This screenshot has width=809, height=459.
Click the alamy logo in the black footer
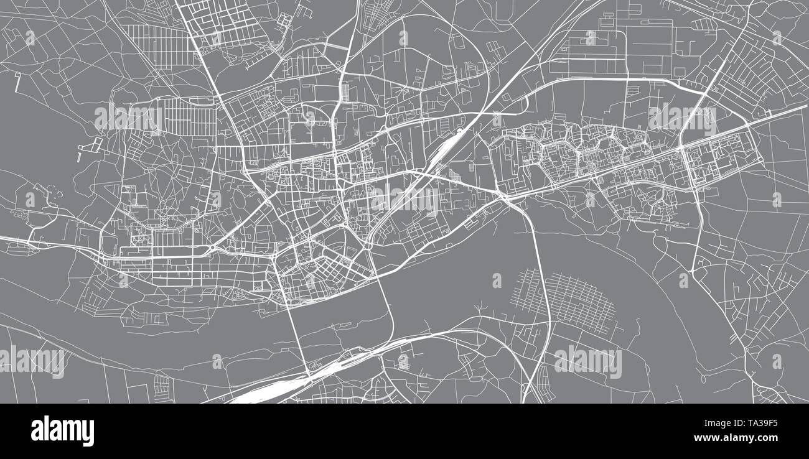pyautogui.click(x=62, y=430)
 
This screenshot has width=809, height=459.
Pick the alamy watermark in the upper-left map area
pyautogui.click(x=128, y=118)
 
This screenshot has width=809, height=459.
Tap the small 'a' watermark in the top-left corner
pyautogui.click(x=30, y=38)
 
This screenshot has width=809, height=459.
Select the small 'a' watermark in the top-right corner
pyautogui.click(x=776, y=38)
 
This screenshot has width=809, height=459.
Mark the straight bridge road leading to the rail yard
pyautogui.click(x=297, y=336)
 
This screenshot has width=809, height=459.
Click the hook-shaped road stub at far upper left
pyautogui.click(x=17, y=80)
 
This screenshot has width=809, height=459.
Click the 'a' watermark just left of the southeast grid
pyautogui.click(x=497, y=281)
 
